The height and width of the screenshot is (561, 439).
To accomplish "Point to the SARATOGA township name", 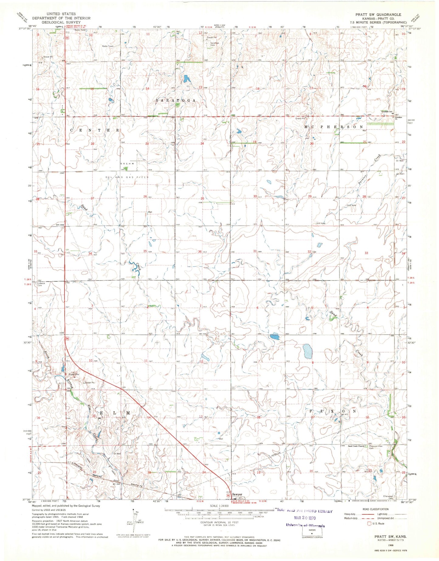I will coord(175,100).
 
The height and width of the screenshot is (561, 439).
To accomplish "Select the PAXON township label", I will coord(333,411).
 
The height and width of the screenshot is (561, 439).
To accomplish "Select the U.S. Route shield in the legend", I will coord(370,523).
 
